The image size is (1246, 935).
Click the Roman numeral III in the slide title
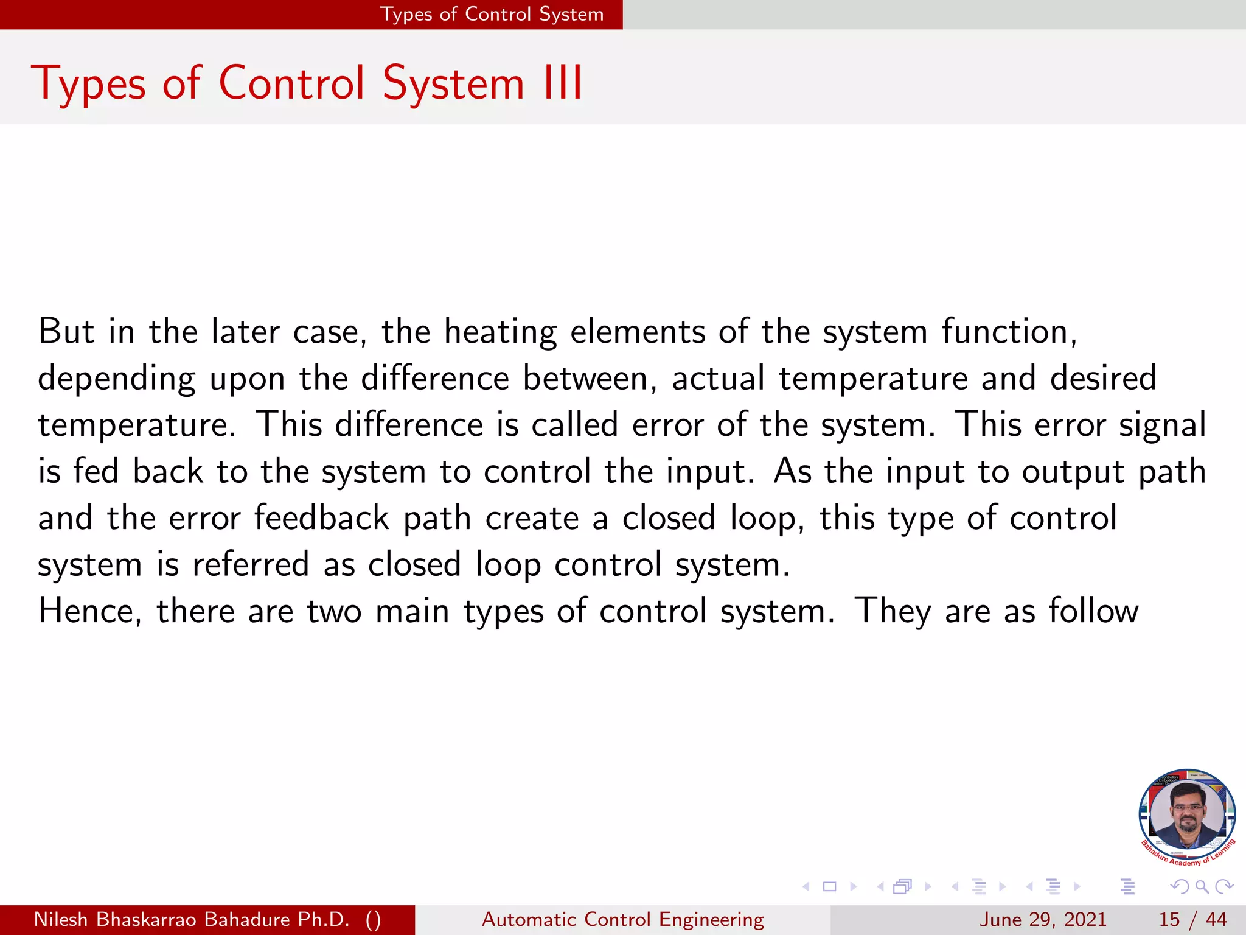[563, 83]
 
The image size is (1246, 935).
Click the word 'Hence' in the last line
[89, 611]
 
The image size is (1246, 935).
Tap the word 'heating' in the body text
[500, 332]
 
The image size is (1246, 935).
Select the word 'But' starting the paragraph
[66, 332]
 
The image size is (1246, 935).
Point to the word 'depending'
[117, 379]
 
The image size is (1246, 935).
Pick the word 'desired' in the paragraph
[1103, 378]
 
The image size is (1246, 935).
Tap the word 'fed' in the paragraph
[96, 471]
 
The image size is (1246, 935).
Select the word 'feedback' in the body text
[321, 518]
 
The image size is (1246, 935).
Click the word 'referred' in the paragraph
[251, 564]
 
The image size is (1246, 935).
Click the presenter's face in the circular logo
[1187, 813]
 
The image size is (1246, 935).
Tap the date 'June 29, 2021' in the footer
[1043, 919]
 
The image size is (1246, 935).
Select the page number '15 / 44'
[1192, 919]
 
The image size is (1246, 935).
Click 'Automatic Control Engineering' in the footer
[622, 919]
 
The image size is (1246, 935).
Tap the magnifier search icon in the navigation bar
[1202, 886]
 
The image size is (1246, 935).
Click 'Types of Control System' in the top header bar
[492, 14]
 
